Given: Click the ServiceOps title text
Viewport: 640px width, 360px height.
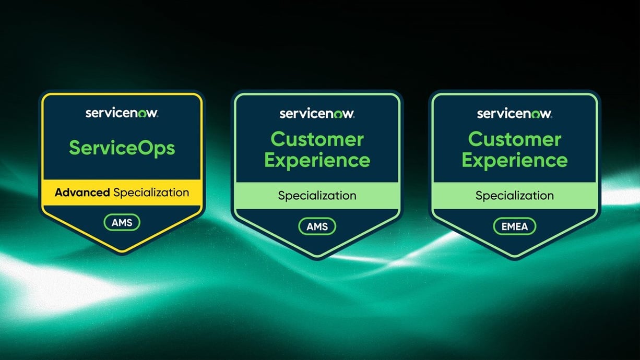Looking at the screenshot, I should tap(122, 148).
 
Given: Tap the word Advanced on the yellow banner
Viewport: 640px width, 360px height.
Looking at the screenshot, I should tap(82, 193).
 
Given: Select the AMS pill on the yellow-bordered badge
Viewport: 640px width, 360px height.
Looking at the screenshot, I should tap(122, 223).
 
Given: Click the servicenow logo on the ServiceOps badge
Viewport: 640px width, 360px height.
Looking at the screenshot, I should tap(122, 113).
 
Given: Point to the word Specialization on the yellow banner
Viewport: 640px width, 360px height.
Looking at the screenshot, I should tap(151, 193).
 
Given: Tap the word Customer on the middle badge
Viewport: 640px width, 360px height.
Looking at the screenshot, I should tap(317, 139).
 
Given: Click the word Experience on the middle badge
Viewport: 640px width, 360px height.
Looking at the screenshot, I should tap(317, 160).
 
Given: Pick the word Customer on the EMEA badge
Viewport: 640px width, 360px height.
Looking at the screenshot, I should tap(514, 139).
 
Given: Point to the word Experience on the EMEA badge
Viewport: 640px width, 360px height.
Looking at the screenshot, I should tap(514, 160).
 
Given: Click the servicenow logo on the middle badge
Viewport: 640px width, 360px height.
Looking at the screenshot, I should tap(317, 113).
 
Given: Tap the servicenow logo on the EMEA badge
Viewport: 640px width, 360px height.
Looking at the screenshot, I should tap(514, 113).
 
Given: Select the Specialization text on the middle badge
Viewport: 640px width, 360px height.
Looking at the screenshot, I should tap(317, 196).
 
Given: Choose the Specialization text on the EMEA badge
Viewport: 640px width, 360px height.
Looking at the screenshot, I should tap(514, 196).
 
